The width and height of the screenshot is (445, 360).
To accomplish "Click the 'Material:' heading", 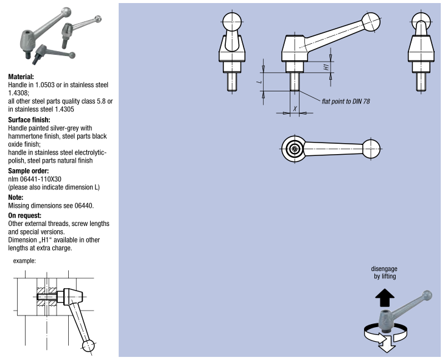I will click(25, 77).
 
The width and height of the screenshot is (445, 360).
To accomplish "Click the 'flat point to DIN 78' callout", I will click(346, 101).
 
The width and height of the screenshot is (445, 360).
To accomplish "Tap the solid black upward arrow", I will click(384, 298).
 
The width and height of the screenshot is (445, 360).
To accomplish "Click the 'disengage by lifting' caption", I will click(384, 272).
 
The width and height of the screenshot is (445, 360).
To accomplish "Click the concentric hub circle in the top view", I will click(295, 148).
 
